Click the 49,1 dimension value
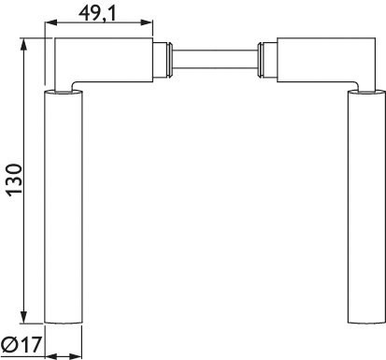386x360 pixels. pos(97,13)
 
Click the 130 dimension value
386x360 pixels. pos(15,180)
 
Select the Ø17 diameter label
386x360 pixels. pos(21,345)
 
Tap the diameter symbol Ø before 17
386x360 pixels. pos(9,345)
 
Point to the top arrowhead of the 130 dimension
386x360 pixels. pos(24,44)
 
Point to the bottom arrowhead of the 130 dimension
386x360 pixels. pos(24,317)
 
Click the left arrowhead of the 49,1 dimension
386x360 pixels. pos(51,22)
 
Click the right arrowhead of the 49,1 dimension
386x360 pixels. pos(146,22)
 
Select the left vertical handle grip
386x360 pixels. pos(64,207)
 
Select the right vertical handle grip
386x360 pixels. pos(366,207)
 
